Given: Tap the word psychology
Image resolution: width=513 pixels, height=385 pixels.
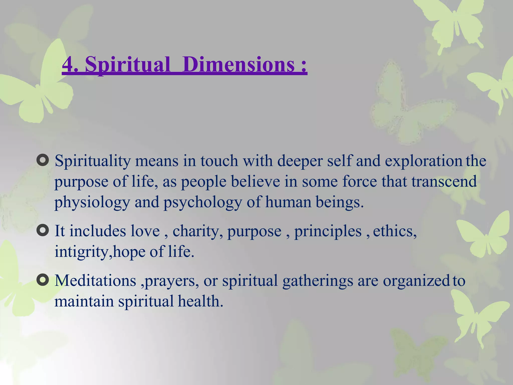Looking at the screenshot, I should click(x=202, y=203).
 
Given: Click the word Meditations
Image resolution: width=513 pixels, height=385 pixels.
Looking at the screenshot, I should click(x=95, y=280).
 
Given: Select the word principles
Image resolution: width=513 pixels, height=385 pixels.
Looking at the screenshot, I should click(x=328, y=231).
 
